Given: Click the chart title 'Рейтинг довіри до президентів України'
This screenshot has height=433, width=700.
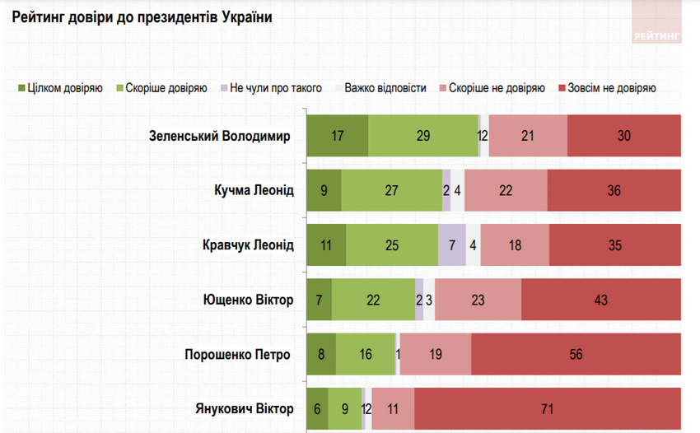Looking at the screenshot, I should click(142, 16).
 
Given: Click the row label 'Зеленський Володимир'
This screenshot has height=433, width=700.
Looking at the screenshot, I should click(220, 136).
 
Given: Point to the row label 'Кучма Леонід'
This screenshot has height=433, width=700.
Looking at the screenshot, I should click(252, 190).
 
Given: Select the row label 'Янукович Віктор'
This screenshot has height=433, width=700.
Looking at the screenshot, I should click(244, 408).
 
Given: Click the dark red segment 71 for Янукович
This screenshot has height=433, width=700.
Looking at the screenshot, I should click(547, 408).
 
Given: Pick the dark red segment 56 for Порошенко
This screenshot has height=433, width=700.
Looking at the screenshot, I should click(575, 354).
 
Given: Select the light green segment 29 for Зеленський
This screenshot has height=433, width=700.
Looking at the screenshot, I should click(423, 136).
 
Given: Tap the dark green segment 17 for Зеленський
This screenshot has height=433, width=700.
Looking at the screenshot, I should click(337, 136).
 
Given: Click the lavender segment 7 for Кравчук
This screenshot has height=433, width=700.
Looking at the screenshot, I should click(452, 244).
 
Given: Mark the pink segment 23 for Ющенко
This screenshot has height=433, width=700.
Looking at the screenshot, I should click(478, 300).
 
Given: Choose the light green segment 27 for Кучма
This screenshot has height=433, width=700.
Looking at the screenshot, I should click(391, 190).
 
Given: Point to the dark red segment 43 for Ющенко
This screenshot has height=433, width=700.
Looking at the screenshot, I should click(600, 300).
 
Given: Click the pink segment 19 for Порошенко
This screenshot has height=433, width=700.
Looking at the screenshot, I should click(435, 354).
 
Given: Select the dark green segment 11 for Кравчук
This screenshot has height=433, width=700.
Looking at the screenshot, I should click(326, 244).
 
